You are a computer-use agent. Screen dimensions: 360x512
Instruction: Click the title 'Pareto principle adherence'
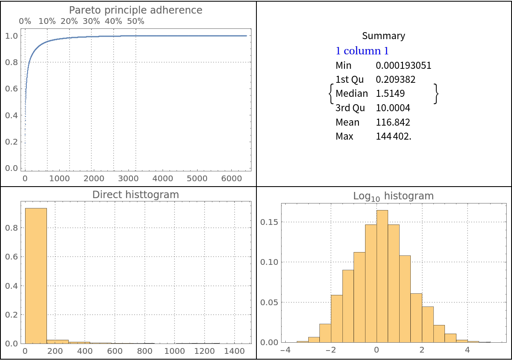(x=135, y=10)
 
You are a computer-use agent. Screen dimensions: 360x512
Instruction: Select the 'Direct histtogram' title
(x=135, y=195)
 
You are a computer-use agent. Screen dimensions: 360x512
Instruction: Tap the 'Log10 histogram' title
(x=393, y=196)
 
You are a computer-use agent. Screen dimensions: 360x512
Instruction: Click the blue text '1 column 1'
(x=362, y=51)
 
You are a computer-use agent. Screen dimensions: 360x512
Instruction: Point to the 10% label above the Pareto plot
(x=47, y=21)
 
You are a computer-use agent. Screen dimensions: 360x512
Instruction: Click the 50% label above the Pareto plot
(x=135, y=21)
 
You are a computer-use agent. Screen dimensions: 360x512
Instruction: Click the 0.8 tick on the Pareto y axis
(x=12, y=62)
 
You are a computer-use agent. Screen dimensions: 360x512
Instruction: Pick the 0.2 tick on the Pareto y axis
(x=12, y=142)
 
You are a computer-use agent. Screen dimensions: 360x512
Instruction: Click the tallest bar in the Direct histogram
(x=36, y=276)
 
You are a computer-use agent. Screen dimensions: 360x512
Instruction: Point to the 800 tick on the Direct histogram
(x=144, y=351)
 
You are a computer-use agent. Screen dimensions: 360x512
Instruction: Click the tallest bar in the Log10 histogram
(x=382, y=276)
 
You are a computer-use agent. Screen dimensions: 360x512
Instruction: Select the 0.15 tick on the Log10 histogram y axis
(x=270, y=222)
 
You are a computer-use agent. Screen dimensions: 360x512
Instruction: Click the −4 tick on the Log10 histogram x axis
(x=285, y=350)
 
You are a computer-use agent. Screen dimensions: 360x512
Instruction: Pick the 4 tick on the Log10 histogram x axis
(x=467, y=350)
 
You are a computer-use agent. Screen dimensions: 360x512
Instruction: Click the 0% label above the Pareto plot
(x=25, y=21)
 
